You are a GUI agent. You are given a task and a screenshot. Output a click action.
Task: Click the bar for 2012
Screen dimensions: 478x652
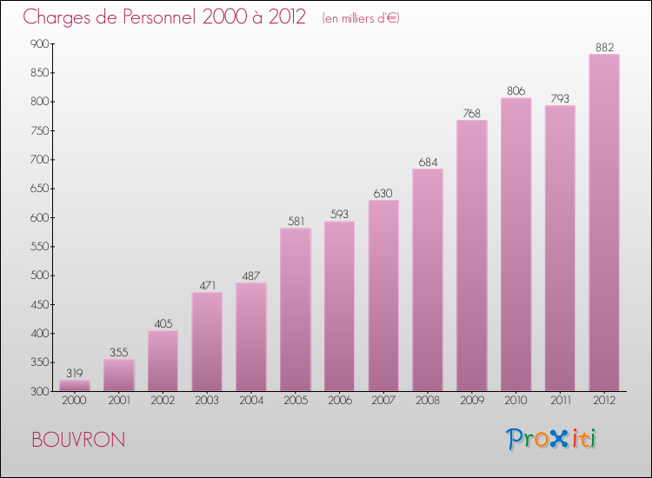pyautogui.click(x=604, y=222)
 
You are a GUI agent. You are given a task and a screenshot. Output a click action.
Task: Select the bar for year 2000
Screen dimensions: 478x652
pyautogui.click(x=74, y=386)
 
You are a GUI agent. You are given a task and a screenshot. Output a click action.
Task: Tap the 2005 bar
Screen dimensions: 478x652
pyautogui.click(x=296, y=309)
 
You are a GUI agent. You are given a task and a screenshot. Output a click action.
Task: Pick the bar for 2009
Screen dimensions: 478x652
pyautogui.click(x=472, y=256)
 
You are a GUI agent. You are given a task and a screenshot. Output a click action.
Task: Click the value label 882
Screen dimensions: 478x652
pyautogui.click(x=604, y=47)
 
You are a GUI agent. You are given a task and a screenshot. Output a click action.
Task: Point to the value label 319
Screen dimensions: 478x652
pyautogui.click(x=74, y=373)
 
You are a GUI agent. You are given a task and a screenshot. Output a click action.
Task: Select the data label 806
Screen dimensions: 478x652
pyautogui.click(x=516, y=90)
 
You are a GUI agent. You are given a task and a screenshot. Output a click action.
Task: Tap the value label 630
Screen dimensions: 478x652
pyautogui.click(x=383, y=193)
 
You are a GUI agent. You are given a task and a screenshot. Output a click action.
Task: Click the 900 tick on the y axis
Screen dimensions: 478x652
pyautogui.click(x=39, y=43)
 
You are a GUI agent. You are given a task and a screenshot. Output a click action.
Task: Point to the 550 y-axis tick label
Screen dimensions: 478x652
pyautogui.click(x=39, y=246)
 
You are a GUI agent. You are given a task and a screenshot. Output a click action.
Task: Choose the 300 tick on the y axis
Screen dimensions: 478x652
pyautogui.click(x=39, y=391)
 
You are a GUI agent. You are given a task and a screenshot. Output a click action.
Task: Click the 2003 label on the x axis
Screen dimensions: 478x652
pyautogui.click(x=207, y=402)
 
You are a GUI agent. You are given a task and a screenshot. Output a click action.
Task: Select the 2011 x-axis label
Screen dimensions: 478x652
pyautogui.click(x=560, y=402)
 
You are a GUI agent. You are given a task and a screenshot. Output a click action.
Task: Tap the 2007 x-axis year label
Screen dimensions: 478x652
pyautogui.click(x=383, y=402)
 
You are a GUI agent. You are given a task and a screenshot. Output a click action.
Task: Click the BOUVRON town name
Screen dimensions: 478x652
pyautogui.click(x=77, y=440)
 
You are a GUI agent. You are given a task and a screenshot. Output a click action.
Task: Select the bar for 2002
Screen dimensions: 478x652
pyautogui.click(x=163, y=361)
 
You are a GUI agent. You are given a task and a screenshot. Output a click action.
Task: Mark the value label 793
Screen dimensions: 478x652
pyautogui.click(x=560, y=98)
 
